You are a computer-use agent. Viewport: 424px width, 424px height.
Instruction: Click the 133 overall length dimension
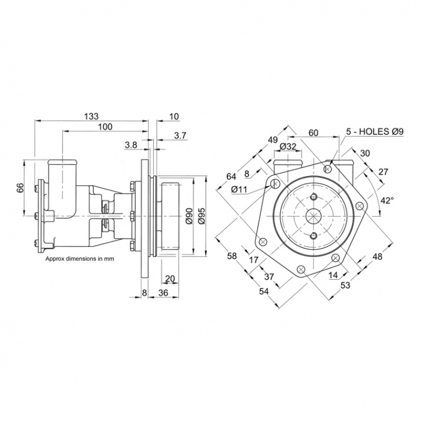(90, 117)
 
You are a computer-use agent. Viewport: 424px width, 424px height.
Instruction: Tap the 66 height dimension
(19, 188)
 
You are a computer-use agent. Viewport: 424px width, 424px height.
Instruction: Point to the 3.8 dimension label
(131, 144)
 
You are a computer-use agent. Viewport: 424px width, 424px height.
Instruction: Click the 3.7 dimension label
(180, 136)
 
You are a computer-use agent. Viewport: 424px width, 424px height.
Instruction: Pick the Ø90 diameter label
(189, 217)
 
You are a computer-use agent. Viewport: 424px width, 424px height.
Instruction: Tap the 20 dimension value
(170, 279)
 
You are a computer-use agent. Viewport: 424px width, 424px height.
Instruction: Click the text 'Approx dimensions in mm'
(79, 258)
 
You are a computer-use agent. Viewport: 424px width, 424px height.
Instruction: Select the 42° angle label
(386, 200)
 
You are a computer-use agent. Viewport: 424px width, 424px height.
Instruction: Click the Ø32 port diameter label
(288, 146)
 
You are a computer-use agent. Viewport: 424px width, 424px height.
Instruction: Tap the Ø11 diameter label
(239, 189)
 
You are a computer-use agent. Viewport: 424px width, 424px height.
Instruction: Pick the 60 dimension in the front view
(313, 132)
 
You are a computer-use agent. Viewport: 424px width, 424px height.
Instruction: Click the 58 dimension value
(231, 256)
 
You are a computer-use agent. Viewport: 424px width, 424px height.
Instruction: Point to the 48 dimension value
(377, 256)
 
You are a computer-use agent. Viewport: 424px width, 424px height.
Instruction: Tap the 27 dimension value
(384, 171)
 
